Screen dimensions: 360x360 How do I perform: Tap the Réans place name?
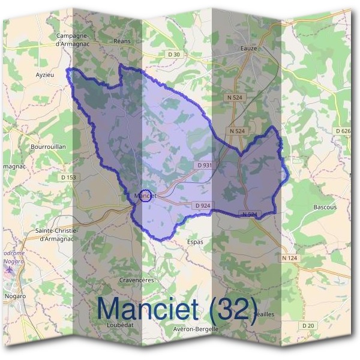pyautogui.click(x=122, y=41)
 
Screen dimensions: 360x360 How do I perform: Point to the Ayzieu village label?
pyautogui.click(x=45, y=76)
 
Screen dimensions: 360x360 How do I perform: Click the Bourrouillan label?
pyautogui.click(x=47, y=146)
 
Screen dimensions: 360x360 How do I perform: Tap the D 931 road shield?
pyautogui.click(x=204, y=165)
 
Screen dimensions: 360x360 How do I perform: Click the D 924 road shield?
pyautogui.click(x=202, y=206)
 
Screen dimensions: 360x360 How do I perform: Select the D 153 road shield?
pyautogui.click(x=69, y=177)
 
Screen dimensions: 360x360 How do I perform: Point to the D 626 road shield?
pyautogui.click(x=343, y=131)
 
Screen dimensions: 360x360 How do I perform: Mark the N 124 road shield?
pyautogui.click(x=289, y=258)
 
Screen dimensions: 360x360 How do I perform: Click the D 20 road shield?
pyautogui.click(x=308, y=325)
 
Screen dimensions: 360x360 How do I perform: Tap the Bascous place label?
pyautogui.click(x=325, y=207)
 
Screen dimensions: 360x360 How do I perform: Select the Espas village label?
pyautogui.click(x=195, y=242)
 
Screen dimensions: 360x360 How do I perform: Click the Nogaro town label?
pyautogui.click(x=14, y=296)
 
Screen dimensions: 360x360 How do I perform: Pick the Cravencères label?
pyautogui.click(x=137, y=280)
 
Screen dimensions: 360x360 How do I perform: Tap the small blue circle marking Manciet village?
pyautogui.click(x=145, y=196)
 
